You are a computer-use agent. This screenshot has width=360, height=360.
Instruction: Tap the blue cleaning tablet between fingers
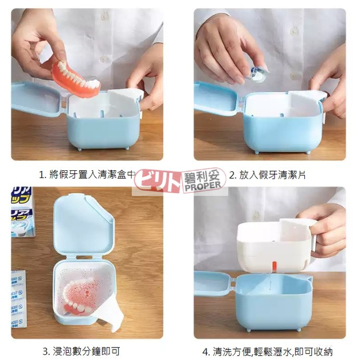point(256,73)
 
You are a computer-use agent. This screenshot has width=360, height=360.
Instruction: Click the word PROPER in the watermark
point(204,186)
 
